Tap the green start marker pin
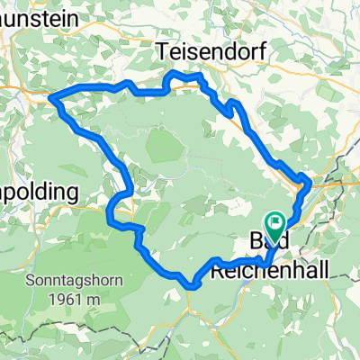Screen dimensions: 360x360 [x=276, y=225]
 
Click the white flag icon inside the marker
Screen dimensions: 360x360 [x=276, y=221]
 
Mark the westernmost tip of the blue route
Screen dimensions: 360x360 [x=50, y=97]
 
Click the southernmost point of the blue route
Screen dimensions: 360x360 [x=192, y=287]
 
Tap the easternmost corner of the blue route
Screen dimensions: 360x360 [x=311, y=181]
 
